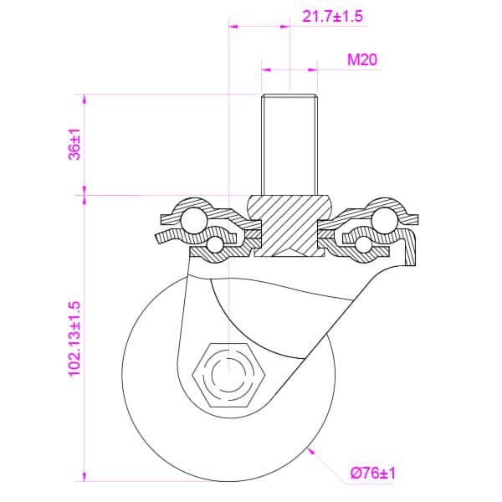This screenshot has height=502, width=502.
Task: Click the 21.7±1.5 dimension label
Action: coord(333,16)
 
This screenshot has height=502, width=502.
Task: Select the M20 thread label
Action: coord(362,59)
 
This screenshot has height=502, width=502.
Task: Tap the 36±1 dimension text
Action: coord(74,145)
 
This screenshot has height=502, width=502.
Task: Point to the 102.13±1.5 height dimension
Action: coord(74,339)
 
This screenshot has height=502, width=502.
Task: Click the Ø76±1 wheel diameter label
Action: coord(373,473)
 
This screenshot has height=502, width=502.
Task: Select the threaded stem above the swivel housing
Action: coord(289,145)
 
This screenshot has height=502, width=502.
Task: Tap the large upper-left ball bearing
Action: coord(193,220)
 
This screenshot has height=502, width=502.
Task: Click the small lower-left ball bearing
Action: coord(215,245)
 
